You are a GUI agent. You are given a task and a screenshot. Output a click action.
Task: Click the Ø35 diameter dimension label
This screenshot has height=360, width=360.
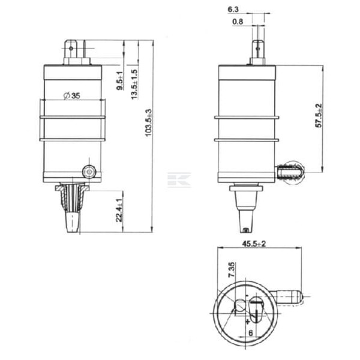point(71,95)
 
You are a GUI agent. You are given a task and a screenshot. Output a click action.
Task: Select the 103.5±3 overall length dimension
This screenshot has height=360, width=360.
point(149,122)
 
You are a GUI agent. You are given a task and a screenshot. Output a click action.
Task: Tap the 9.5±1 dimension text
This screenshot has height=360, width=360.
point(120,80)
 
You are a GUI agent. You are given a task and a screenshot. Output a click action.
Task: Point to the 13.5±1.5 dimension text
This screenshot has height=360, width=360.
point(134,84)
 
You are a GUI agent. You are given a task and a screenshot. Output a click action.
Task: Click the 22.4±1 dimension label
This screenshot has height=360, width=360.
point(119,210)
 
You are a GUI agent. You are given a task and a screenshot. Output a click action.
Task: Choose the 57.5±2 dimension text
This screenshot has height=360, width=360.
point(319,115)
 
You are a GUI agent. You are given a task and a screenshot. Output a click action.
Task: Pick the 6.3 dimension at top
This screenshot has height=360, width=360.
point(233,10)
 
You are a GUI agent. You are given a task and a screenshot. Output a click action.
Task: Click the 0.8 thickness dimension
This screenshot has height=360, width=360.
point(238,22)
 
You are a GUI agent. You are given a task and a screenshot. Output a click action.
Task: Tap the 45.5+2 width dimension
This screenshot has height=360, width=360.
point(254,244)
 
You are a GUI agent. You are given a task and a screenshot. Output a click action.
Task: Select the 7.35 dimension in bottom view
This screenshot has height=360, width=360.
point(232,269)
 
